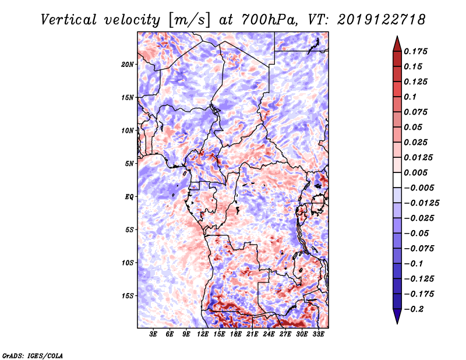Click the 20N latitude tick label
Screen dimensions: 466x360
pos(128,65)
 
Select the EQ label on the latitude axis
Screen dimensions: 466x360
pos(129,197)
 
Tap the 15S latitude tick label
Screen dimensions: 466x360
pos(128,296)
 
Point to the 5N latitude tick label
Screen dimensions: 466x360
pos(129,164)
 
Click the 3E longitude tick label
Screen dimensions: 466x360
pos(153,334)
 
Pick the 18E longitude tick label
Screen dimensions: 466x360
pos(236,334)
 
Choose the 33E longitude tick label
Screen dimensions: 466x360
pos(318,334)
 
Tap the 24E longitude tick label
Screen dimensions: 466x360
pos(269,334)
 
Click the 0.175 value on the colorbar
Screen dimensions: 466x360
pos(415,51)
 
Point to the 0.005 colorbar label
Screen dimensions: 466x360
pos(415,172)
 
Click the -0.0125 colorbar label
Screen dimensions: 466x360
pos(421,203)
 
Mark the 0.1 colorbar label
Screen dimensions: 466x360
pos(410,97)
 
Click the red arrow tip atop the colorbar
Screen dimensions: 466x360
pos(397,36)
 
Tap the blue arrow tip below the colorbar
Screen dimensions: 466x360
pos(397,323)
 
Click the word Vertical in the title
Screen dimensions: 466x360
pos(69,20)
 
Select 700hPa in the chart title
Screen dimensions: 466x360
pos(270,20)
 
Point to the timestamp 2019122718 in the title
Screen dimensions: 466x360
pos(382,20)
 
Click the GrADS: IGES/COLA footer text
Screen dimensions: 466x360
pos(33,355)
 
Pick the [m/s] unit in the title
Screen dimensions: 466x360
pos(189,20)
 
